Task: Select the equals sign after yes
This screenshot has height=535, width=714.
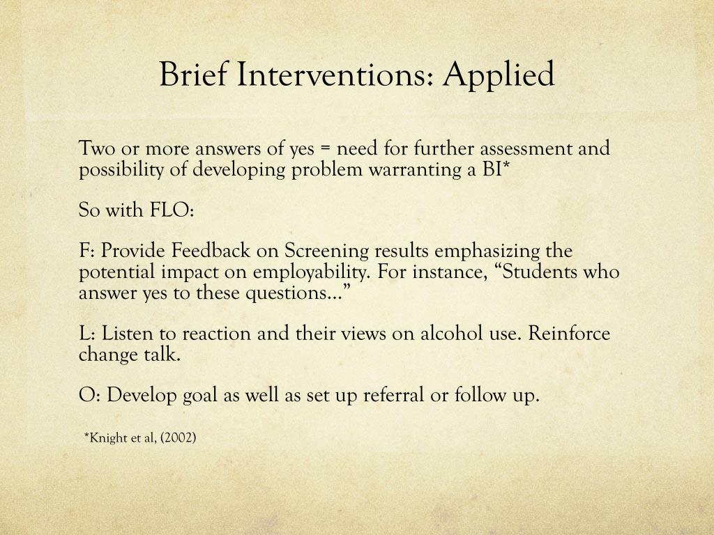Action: [x=326, y=148]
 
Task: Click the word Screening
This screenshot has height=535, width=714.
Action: [x=328, y=251]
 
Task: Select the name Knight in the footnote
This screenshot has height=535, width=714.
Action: [x=107, y=438]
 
